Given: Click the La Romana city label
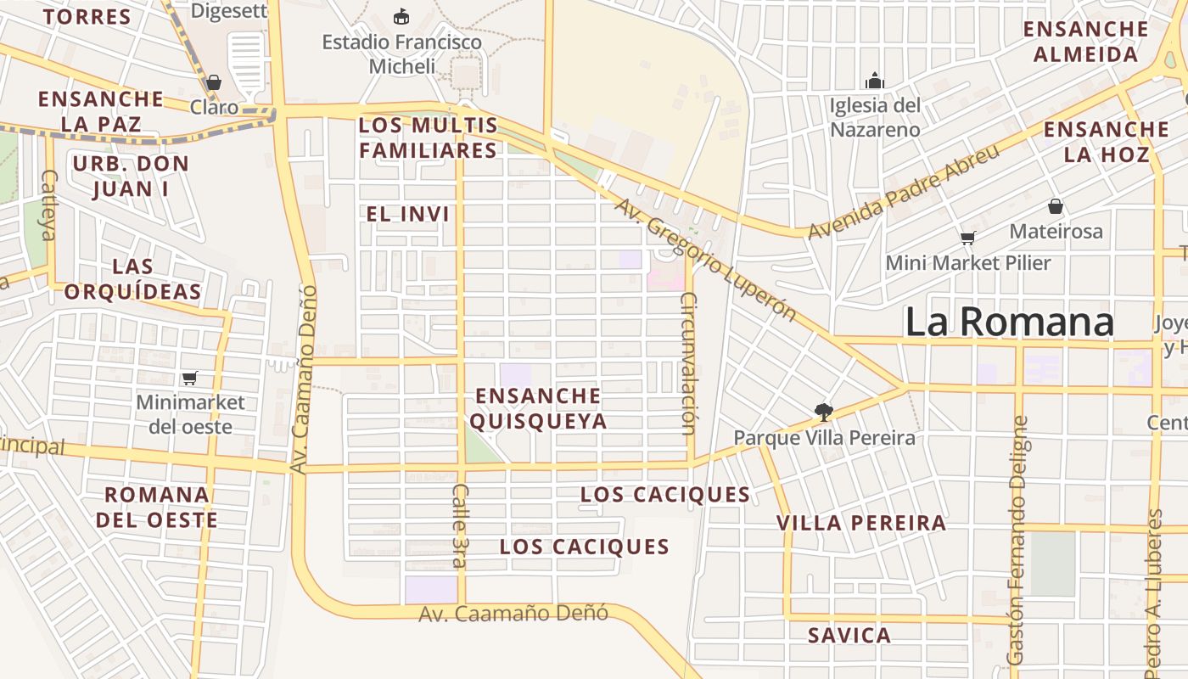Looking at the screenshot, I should coord(1009,323).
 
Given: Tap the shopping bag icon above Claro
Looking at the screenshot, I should coord(213,82).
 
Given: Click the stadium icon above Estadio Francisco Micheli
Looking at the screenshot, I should coord(401,16).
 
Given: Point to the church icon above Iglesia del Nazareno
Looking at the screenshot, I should coord(874,81).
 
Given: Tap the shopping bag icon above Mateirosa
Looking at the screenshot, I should coord(1055,206).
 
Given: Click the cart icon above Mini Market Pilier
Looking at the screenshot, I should coord(967,238).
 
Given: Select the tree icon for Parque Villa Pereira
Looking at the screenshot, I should coord(822,412).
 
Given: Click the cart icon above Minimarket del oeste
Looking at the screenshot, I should coord(189,378).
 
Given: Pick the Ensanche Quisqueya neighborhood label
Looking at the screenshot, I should coord(540,408).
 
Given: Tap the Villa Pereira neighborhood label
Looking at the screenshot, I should coord(861,523).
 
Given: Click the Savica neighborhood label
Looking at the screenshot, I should coord(849,635).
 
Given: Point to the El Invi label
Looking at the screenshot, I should coord(407,215).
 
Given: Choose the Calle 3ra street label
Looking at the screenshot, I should coord(460,525).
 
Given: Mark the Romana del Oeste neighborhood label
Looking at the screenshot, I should coord(157,507).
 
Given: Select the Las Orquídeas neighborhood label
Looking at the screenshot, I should coord(133,280).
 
